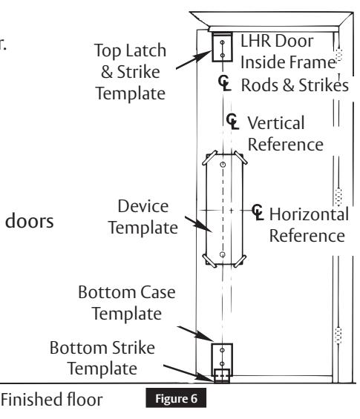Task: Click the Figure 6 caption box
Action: coord(176,398)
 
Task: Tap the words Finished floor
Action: coord(52,400)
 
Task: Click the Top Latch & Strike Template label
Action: coord(131,72)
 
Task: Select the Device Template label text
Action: coord(143,217)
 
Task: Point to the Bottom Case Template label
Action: coord(127,303)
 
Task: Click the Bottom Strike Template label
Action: coord(102,358)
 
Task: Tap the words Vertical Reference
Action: coord(285,133)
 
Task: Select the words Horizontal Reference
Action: coord(309,225)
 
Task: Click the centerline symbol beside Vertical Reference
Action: coord(232,122)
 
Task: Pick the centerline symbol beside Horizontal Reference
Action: coord(258,212)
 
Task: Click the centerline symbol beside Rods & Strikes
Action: coord(224,83)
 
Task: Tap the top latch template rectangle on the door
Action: coord(222,47)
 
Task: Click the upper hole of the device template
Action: coord(223,165)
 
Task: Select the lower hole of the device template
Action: coord(223,254)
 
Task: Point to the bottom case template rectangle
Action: coord(222,356)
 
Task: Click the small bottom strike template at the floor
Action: coord(222,376)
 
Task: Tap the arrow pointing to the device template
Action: coord(198,224)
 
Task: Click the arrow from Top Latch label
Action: coord(194,60)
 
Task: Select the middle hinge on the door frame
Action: coord(338,197)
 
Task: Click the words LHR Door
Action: coord(277,41)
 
